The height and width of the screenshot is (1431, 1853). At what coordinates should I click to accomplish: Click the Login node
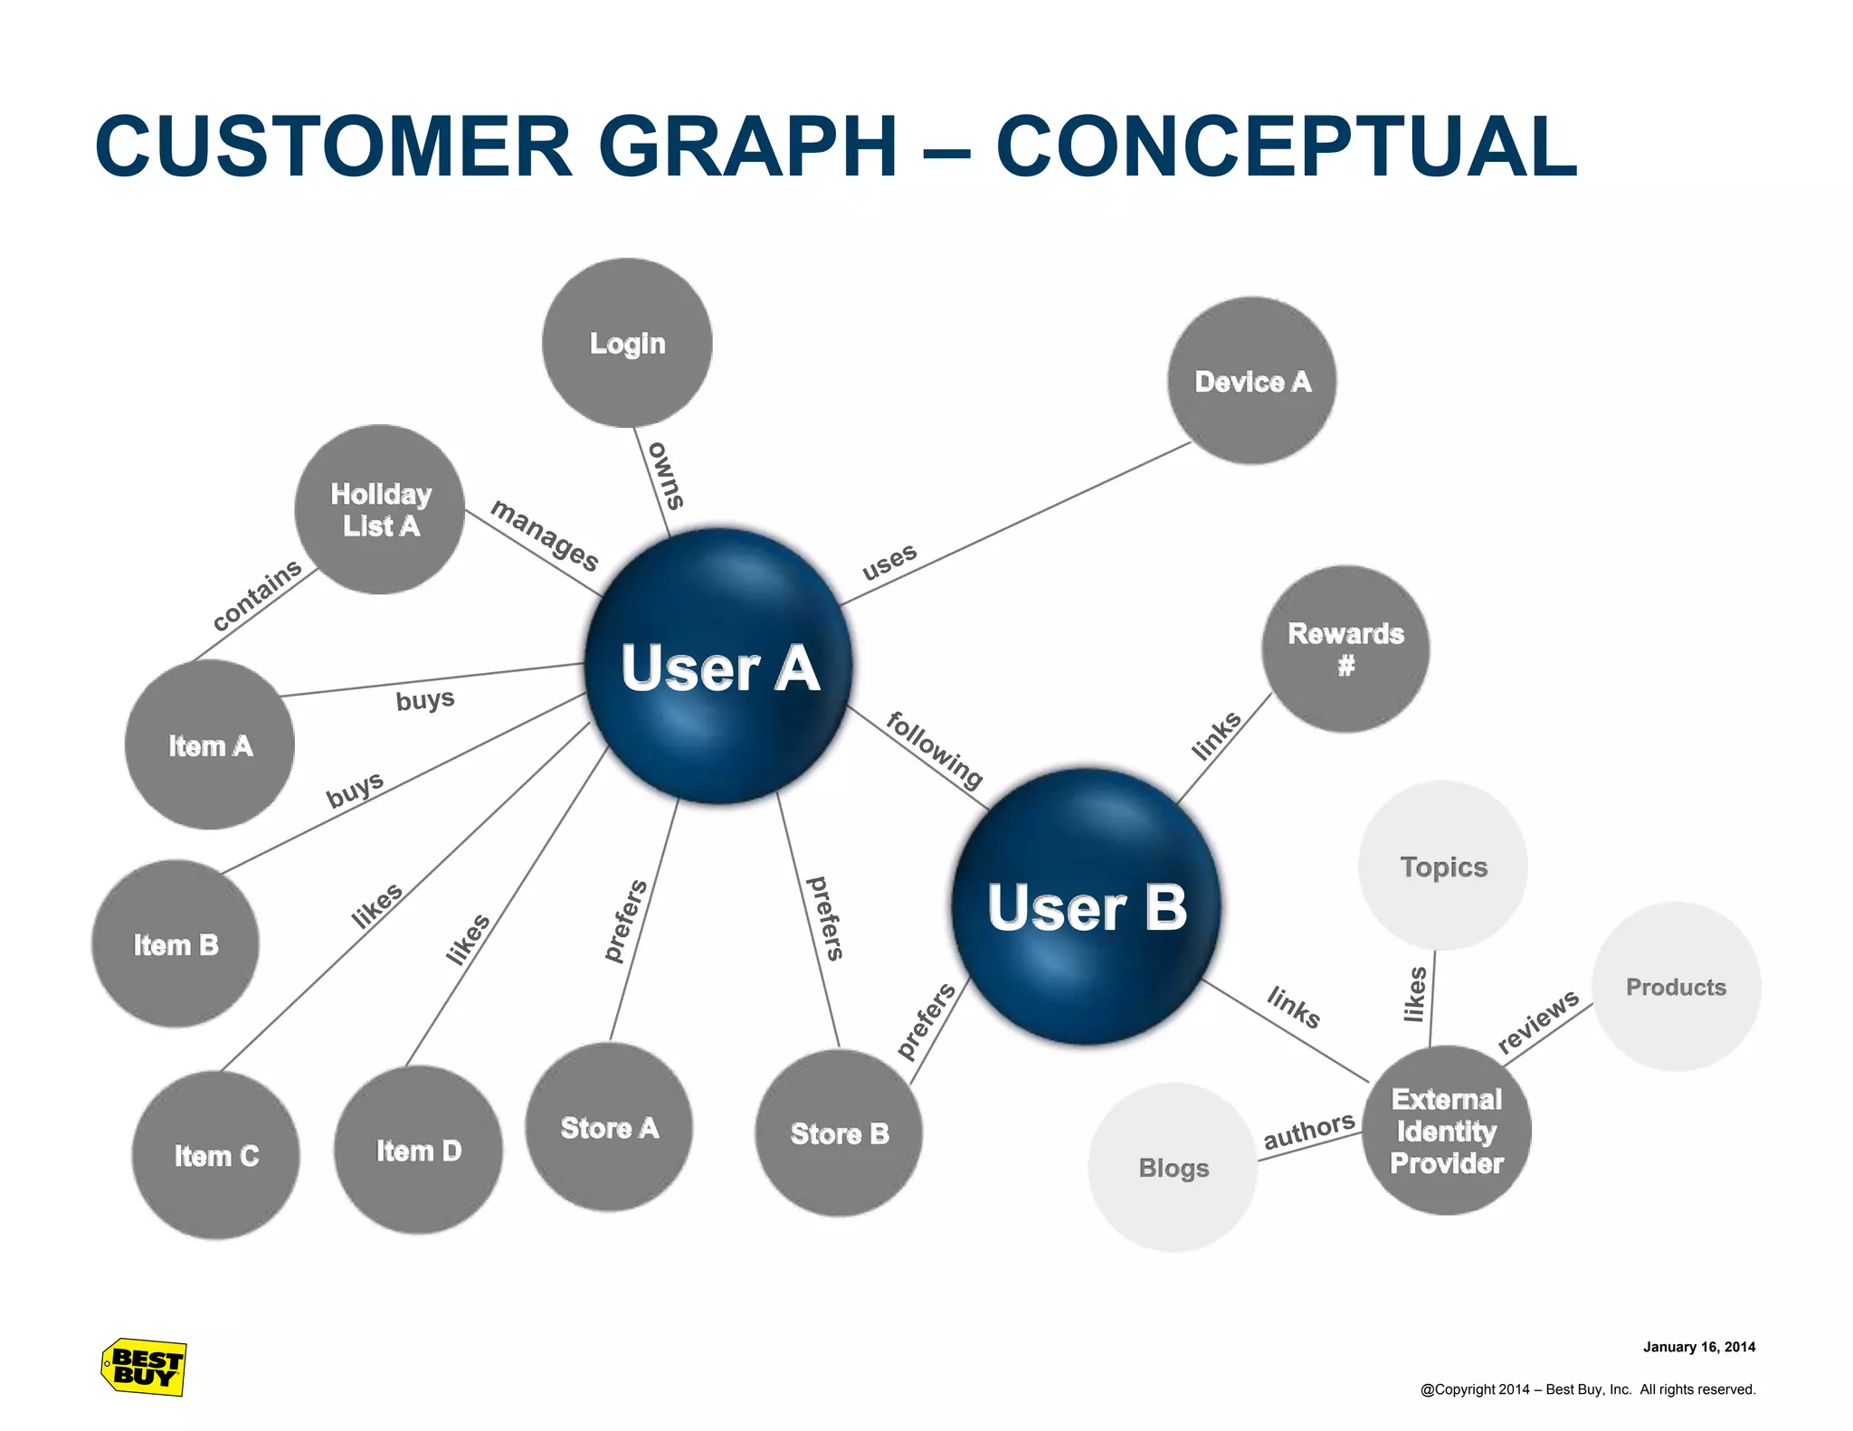click(x=627, y=343)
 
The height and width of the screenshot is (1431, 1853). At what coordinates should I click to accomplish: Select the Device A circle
click(x=1252, y=381)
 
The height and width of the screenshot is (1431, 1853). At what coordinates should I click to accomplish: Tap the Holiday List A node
click(x=380, y=509)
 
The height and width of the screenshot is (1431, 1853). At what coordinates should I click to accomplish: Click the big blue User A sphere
click(x=719, y=667)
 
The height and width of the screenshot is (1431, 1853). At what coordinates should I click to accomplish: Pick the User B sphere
click(x=1086, y=906)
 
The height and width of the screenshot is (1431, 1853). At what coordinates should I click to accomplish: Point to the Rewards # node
click(x=1345, y=649)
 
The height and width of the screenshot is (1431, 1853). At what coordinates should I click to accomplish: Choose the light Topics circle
click(x=1443, y=866)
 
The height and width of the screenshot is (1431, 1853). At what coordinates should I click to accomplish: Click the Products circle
click(x=1676, y=987)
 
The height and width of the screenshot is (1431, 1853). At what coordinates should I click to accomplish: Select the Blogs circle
click(x=1174, y=1168)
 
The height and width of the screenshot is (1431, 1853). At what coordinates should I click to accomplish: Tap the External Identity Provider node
click(x=1446, y=1131)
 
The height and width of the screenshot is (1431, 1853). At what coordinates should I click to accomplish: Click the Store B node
click(x=839, y=1133)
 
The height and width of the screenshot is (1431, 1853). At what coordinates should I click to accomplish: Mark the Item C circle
click(x=216, y=1155)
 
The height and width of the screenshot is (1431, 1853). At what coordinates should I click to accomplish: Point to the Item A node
click(x=210, y=745)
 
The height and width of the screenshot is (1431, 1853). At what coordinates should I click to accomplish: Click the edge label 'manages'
click(x=545, y=535)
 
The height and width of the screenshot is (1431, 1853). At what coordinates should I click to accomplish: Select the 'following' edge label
click(x=935, y=750)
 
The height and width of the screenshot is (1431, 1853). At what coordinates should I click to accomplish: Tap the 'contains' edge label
click(x=257, y=595)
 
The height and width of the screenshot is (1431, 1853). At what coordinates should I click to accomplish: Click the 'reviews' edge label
click(x=1538, y=1021)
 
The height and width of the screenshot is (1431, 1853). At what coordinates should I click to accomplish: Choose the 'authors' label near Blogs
click(x=1309, y=1132)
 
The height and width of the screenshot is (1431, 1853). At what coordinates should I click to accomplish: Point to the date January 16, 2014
click(x=1698, y=1347)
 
